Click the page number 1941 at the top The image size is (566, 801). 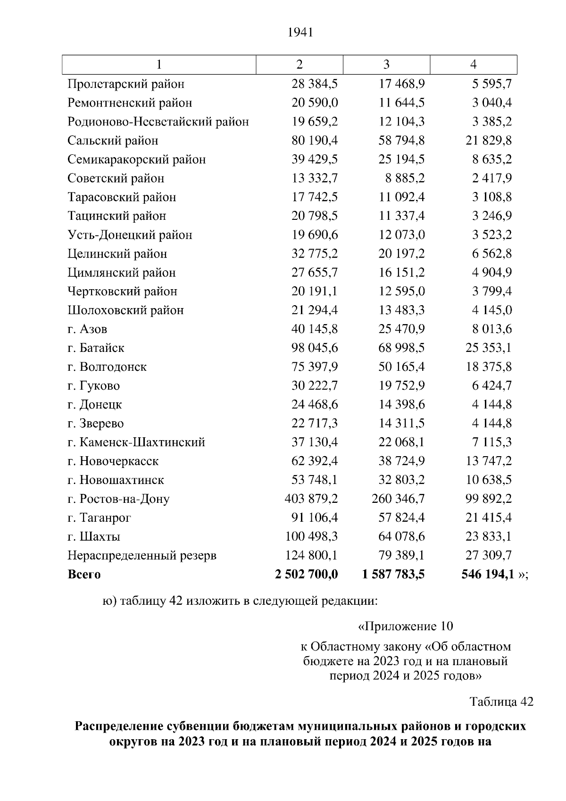pos(300,33)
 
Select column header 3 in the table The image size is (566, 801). pos(386,65)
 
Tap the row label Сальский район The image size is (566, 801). pos(113,141)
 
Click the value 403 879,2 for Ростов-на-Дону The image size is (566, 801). pos(311,499)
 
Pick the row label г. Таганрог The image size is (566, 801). pos(99,517)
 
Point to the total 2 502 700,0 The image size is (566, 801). pos(306,574)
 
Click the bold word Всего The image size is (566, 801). pos(84,574)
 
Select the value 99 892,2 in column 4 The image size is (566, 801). pos(489,499)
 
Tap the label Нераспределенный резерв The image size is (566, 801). pos(142,555)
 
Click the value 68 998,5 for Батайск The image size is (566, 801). pos(401,348)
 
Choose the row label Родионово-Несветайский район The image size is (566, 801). pos(158,122)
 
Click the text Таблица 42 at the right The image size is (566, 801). pos(501,701)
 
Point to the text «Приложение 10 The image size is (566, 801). pos(406,626)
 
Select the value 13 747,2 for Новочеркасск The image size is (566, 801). pos(489,461)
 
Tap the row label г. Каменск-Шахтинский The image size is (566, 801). pos(136,442)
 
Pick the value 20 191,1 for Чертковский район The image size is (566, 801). pos(315,291)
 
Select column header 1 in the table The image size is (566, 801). pos(159,65)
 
